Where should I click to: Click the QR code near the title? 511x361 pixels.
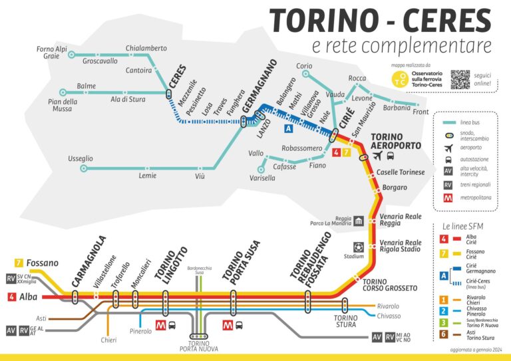460,79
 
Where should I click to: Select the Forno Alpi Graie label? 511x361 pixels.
52,53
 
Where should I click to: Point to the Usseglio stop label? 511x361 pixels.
81,158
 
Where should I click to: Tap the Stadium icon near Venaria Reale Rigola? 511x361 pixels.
359,247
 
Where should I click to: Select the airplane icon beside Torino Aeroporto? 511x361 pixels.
378,156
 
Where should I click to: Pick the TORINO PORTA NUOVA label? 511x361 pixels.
199,346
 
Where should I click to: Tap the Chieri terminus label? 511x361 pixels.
108,340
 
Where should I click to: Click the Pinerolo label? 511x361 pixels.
141,330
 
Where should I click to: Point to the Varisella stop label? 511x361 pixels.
262,178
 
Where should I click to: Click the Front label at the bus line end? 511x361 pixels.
421,112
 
